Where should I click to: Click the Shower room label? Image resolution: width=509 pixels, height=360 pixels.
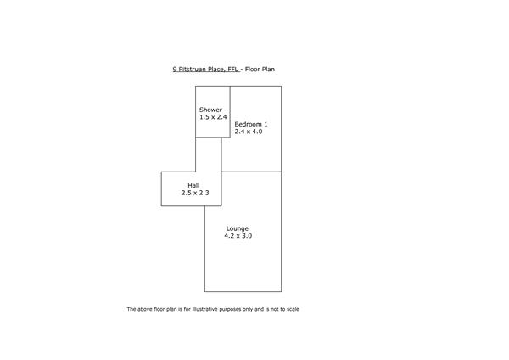(210, 110)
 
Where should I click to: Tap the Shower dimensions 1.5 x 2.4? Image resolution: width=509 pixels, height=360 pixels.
(213, 117)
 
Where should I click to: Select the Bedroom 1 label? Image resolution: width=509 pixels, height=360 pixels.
(251, 124)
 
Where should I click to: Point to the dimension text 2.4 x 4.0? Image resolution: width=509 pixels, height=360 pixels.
(249, 132)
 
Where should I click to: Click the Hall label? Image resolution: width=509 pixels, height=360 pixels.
(193, 186)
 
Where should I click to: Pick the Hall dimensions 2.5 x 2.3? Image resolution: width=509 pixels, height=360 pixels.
(195, 193)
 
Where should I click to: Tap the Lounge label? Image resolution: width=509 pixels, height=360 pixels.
(238, 228)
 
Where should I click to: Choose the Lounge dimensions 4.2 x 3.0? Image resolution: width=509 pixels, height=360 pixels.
(238, 236)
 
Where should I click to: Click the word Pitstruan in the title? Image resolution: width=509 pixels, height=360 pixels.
(193, 70)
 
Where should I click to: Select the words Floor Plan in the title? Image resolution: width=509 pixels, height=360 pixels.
(260, 70)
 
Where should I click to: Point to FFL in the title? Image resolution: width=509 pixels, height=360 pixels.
(233, 70)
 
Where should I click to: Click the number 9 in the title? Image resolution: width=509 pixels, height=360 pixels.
(175, 70)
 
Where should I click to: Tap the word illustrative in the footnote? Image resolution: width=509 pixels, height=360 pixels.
(204, 309)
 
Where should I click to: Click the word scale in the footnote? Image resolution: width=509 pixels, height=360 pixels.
(293, 309)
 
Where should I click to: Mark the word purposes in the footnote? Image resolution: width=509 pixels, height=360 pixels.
(230, 309)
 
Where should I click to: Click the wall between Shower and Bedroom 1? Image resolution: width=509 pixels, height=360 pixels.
(230, 112)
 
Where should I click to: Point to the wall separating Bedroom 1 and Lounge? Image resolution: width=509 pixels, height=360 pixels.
(252, 172)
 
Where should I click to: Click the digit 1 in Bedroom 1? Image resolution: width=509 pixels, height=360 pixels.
(266, 124)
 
